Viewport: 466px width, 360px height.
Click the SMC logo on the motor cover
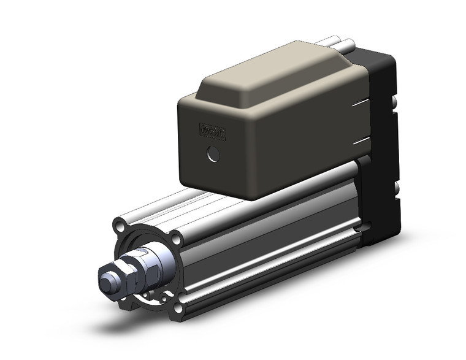(212, 132)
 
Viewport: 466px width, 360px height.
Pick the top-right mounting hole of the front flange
(176, 239)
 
